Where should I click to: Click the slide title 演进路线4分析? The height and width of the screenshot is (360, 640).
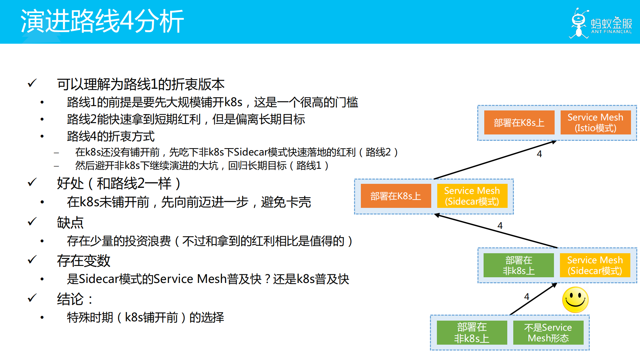[x=102, y=21]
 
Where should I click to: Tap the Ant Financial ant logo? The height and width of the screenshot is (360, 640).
[x=579, y=24]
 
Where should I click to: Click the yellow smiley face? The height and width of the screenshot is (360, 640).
[x=575, y=300]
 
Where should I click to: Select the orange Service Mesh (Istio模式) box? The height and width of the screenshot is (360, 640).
[x=595, y=122]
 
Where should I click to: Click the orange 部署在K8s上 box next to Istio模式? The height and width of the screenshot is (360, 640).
[x=519, y=122]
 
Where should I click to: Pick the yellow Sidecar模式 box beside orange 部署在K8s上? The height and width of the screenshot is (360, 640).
[x=472, y=196]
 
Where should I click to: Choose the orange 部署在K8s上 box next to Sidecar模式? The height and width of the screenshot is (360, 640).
[x=396, y=196]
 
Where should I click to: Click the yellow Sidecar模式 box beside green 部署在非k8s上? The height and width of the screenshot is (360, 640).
[x=595, y=265]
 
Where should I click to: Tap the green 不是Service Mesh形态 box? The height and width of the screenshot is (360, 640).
[x=548, y=333]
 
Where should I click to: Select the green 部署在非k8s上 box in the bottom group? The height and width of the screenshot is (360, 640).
[x=472, y=333]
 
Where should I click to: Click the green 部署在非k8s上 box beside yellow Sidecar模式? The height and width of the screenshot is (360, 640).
[x=519, y=265]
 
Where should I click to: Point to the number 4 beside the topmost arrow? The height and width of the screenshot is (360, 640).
[x=539, y=154]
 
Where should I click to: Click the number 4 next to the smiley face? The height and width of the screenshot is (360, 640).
[x=527, y=297]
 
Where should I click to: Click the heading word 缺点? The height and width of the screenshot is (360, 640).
[x=70, y=223]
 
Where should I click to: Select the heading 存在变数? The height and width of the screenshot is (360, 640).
[x=83, y=261]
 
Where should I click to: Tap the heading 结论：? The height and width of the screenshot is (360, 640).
[x=75, y=299]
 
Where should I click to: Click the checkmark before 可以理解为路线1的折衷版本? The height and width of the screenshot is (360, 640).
[x=32, y=83]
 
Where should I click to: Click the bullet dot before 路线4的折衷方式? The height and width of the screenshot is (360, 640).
[x=42, y=136]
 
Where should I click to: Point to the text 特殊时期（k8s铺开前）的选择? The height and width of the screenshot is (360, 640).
[x=145, y=317]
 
